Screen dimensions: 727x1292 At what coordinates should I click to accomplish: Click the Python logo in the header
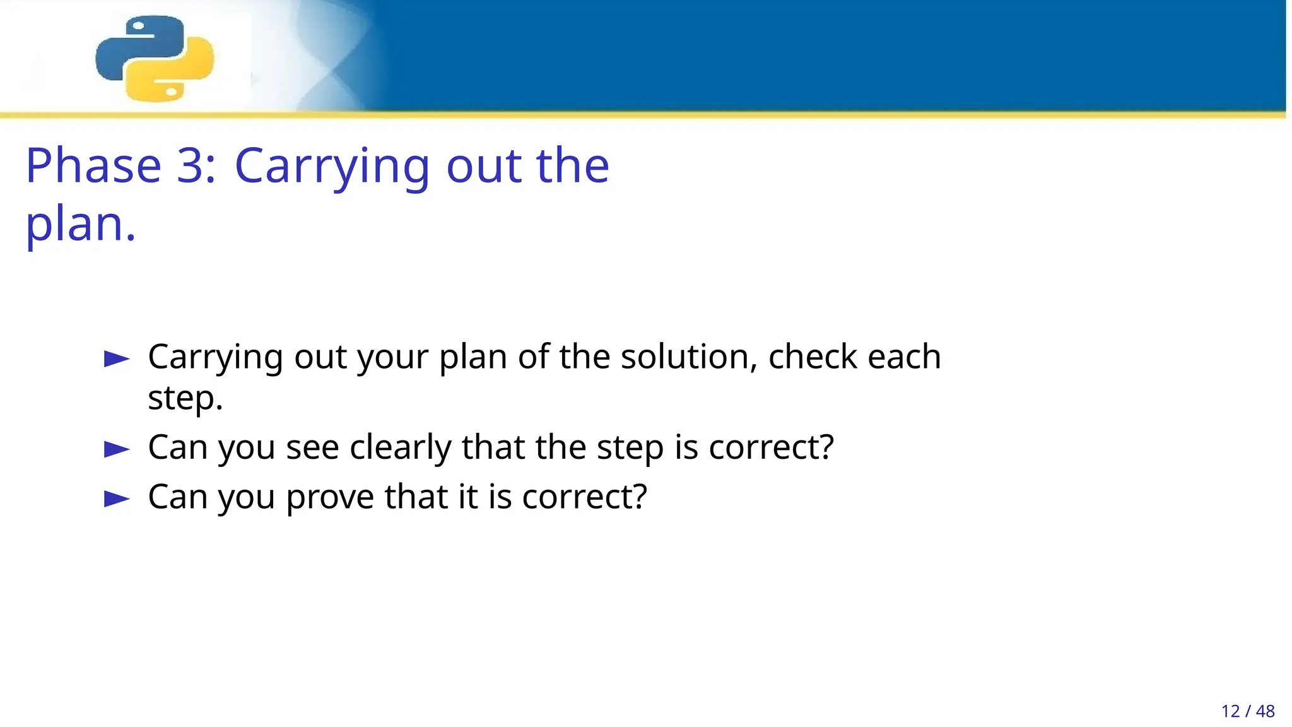(155, 58)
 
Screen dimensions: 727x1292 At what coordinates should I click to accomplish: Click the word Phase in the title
(93, 166)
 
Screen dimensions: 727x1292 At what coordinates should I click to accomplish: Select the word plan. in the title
(81, 225)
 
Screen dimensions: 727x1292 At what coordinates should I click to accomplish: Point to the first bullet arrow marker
(117, 359)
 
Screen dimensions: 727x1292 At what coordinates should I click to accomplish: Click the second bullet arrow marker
(117, 449)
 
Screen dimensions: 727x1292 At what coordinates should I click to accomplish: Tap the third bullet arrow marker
(117, 499)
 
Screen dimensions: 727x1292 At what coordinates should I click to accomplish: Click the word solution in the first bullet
(689, 357)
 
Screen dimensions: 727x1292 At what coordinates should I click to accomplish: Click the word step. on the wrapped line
(185, 399)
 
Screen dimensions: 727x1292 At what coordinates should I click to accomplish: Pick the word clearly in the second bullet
(401, 448)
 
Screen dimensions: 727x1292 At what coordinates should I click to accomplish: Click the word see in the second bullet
(312, 448)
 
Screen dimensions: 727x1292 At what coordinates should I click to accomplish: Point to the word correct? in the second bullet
(771, 447)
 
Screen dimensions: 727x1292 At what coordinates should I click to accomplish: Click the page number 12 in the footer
(1230, 711)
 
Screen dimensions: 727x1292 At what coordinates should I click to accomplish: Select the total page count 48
(1266, 711)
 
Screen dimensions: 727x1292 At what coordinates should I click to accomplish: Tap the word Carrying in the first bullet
(215, 358)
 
